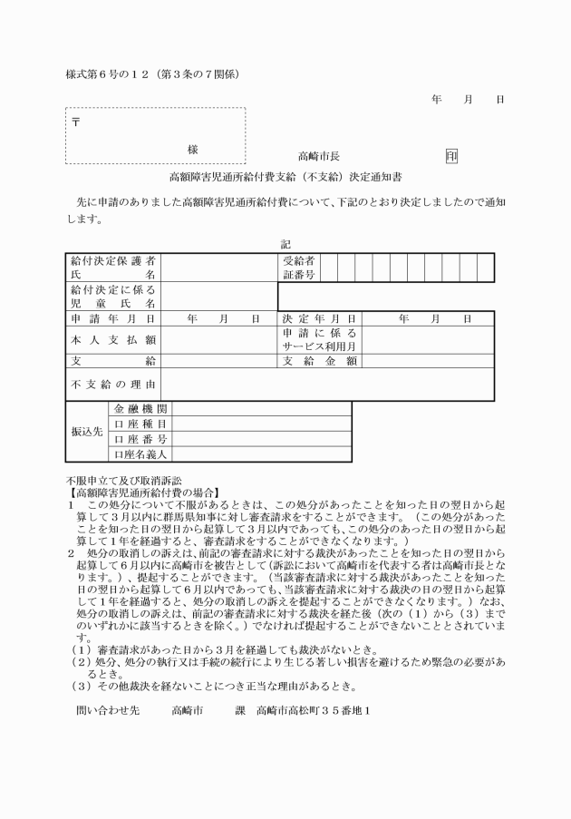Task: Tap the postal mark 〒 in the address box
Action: pos(74,122)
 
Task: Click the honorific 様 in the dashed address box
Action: pos(192,149)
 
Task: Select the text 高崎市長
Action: pos(319,156)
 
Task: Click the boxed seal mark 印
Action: pos(450,156)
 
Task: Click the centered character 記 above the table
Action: pos(286,244)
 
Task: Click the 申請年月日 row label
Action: pos(113,319)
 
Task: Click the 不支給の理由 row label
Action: pos(113,385)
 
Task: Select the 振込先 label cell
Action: pos(87,432)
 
